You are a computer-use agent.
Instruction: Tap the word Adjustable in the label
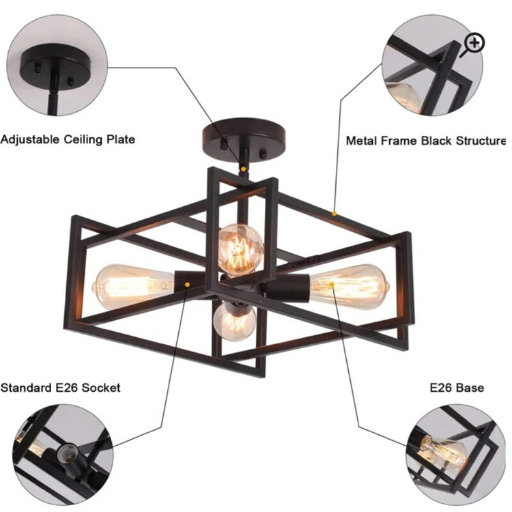pyautogui.click(x=30, y=140)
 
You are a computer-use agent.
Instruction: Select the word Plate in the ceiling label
pyautogui.click(x=121, y=139)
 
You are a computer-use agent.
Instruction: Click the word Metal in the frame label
pyautogui.click(x=360, y=141)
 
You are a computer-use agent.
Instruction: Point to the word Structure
pyautogui.click(x=481, y=141)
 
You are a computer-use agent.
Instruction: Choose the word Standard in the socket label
pyautogui.click(x=27, y=388)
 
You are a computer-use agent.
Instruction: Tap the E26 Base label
pyautogui.click(x=457, y=388)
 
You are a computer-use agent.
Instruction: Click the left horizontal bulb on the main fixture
pyautogui.click(x=134, y=286)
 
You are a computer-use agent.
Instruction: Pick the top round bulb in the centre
pyautogui.click(x=241, y=250)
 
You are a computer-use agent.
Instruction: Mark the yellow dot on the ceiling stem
pyautogui.click(x=243, y=169)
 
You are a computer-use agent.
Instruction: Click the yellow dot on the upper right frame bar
pyautogui.click(x=334, y=214)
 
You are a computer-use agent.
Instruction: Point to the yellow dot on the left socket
pyautogui.click(x=187, y=285)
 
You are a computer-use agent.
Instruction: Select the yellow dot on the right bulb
pyautogui.click(x=332, y=285)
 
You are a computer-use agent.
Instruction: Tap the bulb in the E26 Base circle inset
pyautogui.click(x=444, y=450)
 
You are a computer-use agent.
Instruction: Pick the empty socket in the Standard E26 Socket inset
pyautogui.click(x=68, y=454)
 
